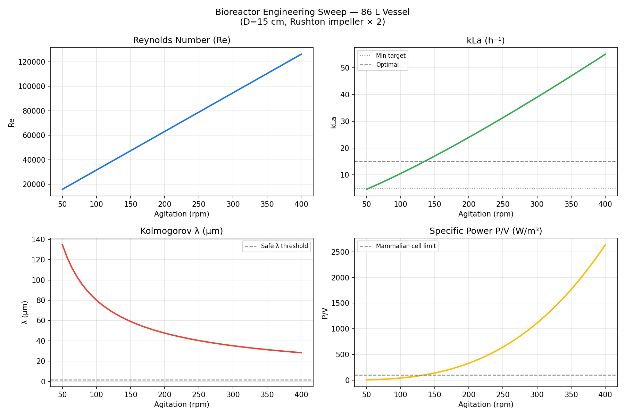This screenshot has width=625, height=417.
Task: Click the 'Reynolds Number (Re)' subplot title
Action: point(182,40)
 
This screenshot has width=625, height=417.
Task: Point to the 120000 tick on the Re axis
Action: point(31,62)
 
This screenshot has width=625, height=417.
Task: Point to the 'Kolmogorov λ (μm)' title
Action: point(182,231)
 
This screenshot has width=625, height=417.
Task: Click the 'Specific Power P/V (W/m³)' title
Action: point(485,231)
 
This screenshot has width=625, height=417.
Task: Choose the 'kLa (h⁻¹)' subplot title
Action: point(485,41)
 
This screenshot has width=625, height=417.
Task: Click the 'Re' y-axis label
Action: point(11,122)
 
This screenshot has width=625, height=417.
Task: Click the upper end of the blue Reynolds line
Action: point(301,54)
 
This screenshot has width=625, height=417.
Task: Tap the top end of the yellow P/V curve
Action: point(605,245)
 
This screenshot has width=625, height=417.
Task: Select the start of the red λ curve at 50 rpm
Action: point(62,245)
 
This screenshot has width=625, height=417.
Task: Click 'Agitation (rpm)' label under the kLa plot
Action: point(485,214)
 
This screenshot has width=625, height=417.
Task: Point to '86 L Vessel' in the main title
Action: point(385,12)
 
